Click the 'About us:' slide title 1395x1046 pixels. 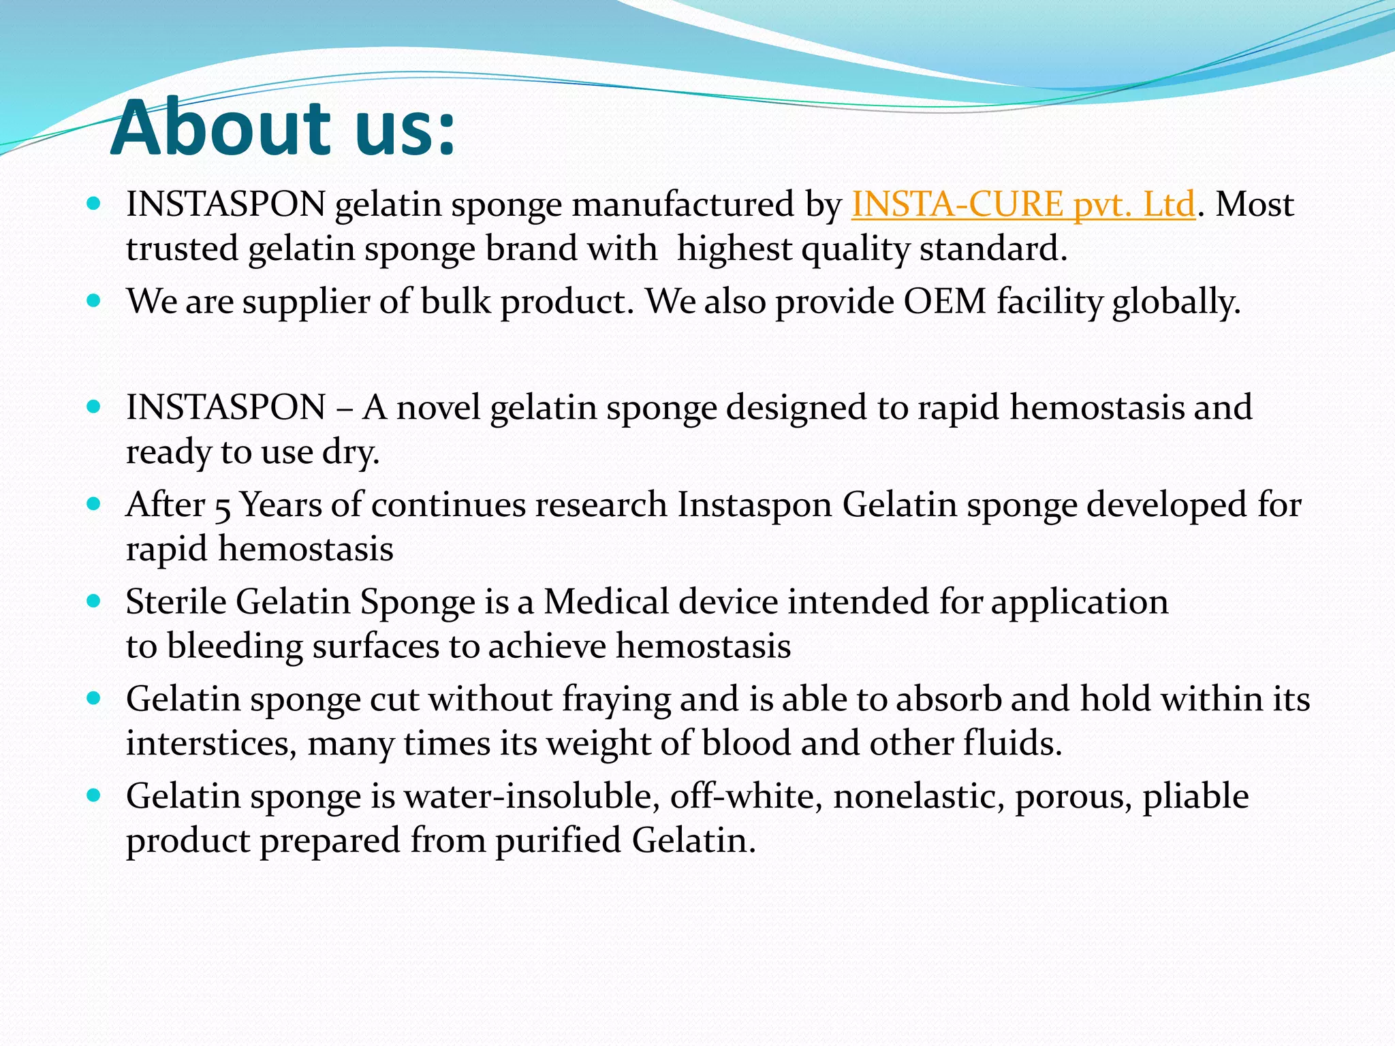282,128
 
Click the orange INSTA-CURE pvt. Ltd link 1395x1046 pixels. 1023,204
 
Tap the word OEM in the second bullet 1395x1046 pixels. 945,301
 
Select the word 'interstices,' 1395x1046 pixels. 212,743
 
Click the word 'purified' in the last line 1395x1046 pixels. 558,840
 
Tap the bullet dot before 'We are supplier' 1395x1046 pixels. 95,300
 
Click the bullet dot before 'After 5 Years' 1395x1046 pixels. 95,505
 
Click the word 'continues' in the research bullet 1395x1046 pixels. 449,505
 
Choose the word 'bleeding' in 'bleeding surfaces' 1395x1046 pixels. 234,646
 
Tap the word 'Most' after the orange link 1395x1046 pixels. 1255,204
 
